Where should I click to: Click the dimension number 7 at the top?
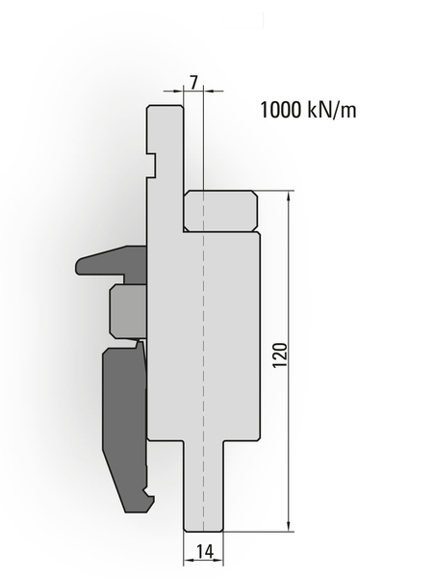[x=194, y=82]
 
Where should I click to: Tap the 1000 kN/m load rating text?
[x=308, y=110]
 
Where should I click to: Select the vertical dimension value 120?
[x=280, y=355]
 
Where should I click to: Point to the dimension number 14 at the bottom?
[x=204, y=552]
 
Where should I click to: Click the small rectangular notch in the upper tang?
[x=151, y=165]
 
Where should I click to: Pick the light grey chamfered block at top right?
[x=220, y=211]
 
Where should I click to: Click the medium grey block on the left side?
[x=129, y=311]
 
